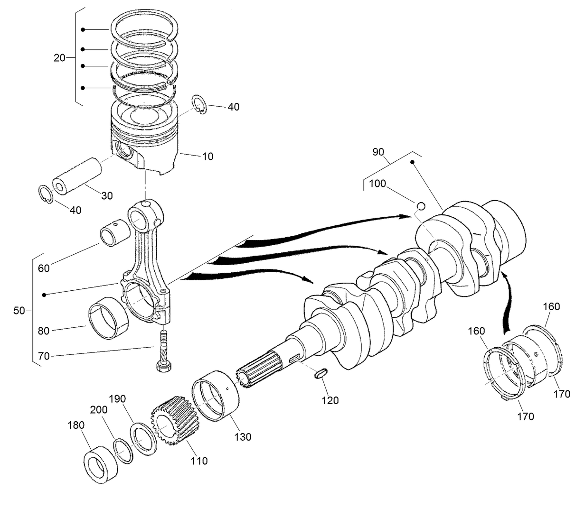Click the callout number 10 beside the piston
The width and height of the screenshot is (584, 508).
[207, 156]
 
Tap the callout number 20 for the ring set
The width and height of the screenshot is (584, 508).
[59, 58]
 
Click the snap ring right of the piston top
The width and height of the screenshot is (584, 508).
[200, 105]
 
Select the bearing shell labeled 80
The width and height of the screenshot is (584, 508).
[109, 318]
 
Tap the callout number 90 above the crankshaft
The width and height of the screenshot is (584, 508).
[378, 153]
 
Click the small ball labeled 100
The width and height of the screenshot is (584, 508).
[420, 205]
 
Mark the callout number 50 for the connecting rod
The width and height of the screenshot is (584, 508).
[19, 311]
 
